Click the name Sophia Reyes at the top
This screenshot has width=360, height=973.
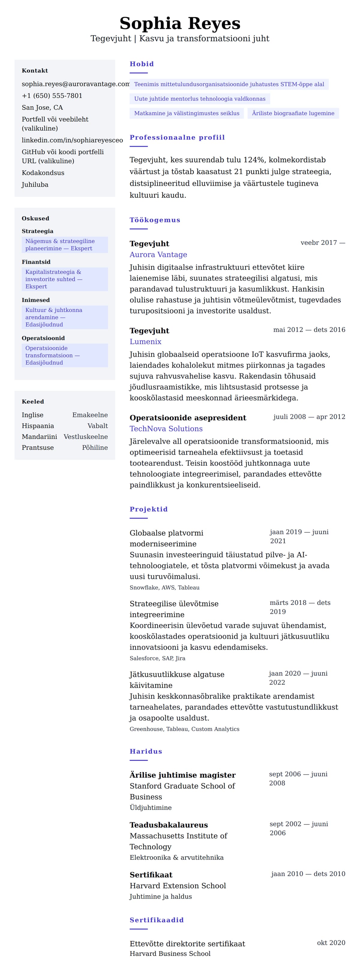[x=180, y=23]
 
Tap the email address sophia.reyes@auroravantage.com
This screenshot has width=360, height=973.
[x=76, y=84]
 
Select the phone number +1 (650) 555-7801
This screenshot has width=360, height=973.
[x=52, y=96]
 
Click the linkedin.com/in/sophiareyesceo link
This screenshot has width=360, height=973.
[x=72, y=140]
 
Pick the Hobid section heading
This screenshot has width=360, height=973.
[x=142, y=64]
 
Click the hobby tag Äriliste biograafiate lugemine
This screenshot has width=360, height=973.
[x=293, y=113]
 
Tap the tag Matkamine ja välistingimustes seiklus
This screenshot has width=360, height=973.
[x=187, y=113]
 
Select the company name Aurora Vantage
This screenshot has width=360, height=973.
[x=158, y=255]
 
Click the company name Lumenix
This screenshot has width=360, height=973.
[x=145, y=341]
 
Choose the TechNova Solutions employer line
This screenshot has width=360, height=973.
[x=166, y=429]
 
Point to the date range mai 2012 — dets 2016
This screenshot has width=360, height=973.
[x=309, y=330]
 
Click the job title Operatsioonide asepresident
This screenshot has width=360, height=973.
[x=188, y=418]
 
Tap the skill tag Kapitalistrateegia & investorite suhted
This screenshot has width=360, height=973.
[x=64, y=279]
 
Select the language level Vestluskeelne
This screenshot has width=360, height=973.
[x=85, y=437]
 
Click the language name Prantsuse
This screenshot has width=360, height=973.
[x=37, y=448]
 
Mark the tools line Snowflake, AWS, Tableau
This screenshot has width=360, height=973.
[x=164, y=587]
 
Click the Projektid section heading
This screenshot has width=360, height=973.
[x=148, y=509]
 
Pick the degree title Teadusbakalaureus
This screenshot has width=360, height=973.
[x=169, y=825]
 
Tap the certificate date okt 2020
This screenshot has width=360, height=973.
[x=331, y=943]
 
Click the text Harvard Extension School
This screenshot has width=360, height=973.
[x=178, y=886]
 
